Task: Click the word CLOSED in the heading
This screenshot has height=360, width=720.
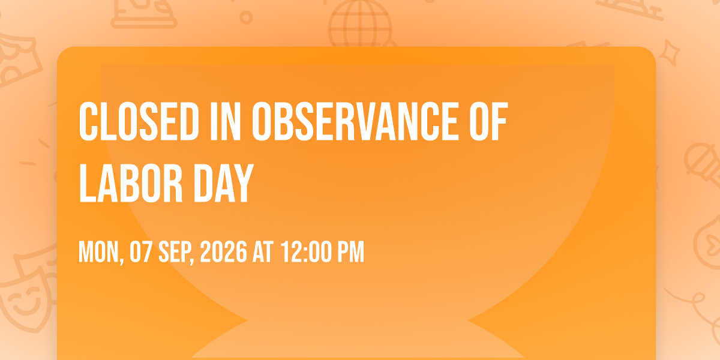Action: (x=139, y=121)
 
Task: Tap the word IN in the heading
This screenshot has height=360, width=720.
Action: (x=226, y=121)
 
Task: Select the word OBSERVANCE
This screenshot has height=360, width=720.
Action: (x=355, y=121)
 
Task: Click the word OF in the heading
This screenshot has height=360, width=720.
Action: (x=488, y=121)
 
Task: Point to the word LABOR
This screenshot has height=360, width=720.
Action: (x=131, y=183)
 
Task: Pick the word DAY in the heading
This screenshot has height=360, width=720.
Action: (x=224, y=183)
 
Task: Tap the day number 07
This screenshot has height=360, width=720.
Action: (x=141, y=252)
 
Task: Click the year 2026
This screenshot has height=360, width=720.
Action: (x=224, y=252)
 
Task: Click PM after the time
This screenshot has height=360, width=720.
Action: (x=350, y=252)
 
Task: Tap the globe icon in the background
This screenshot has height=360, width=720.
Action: (x=360, y=24)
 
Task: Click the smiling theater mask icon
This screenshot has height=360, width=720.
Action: (x=26, y=299)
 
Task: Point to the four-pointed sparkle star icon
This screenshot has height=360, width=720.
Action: (x=669, y=53)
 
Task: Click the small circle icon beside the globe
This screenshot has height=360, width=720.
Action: (x=246, y=17)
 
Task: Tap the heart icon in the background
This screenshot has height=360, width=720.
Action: (x=713, y=244)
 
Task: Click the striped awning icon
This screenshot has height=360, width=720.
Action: (x=17, y=59)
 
